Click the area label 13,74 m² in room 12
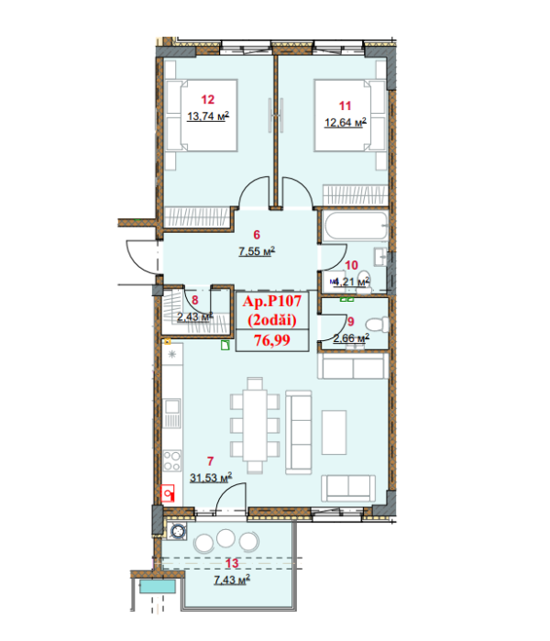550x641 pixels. coord(207,116)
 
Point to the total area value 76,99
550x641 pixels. coord(273,340)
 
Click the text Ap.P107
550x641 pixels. coord(272,300)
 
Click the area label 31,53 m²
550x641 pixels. coord(210,477)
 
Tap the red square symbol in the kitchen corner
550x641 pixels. coord(167,493)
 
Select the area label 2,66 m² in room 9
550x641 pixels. coord(351,339)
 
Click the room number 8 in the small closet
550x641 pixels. coord(195,300)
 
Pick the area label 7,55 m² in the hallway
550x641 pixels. coord(257,250)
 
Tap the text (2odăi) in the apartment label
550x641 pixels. coord(272,317)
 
